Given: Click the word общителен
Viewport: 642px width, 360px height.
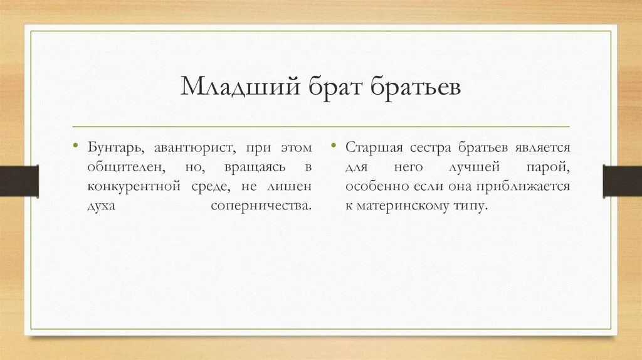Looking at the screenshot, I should (127, 167).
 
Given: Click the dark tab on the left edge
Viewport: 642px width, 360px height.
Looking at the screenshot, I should (19, 180).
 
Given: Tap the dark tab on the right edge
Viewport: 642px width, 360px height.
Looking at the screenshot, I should (622, 180).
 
